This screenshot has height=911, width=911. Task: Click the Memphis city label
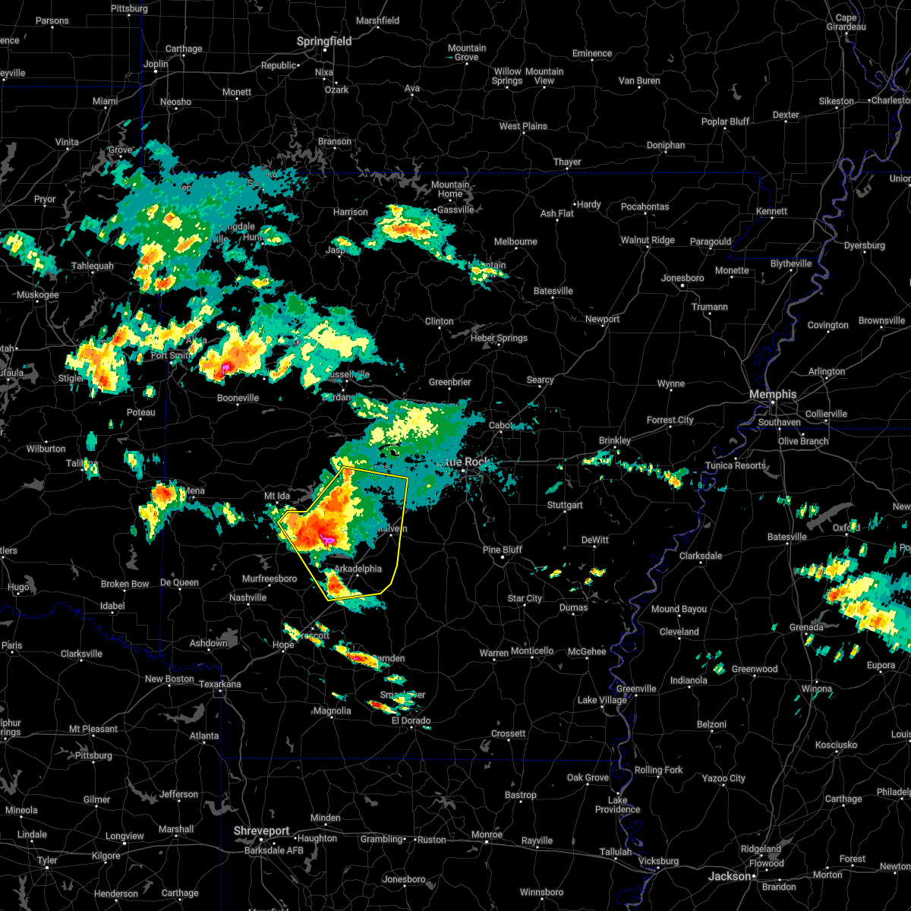click(772, 394)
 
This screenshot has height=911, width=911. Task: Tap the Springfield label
click(324, 42)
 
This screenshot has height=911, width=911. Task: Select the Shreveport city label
click(261, 831)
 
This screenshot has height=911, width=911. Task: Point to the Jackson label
click(730, 876)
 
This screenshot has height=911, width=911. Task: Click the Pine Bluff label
click(503, 550)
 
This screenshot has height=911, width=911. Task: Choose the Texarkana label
click(220, 684)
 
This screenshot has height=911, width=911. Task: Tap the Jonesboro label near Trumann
click(682, 278)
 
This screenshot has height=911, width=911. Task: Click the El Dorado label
click(411, 720)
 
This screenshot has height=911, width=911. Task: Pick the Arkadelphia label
click(358, 569)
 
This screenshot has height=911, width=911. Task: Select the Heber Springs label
click(499, 338)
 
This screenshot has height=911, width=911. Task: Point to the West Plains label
click(523, 126)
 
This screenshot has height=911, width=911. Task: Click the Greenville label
click(636, 689)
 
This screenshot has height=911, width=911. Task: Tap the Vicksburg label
click(658, 861)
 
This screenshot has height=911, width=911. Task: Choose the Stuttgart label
click(565, 505)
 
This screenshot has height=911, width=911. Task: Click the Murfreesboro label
click(269, 578)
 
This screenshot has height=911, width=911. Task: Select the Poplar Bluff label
click(725, 121)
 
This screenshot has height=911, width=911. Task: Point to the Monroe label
click(487, 834)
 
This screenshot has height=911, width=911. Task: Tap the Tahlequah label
click(92, 266)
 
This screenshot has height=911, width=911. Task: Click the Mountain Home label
click(450, 189)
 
